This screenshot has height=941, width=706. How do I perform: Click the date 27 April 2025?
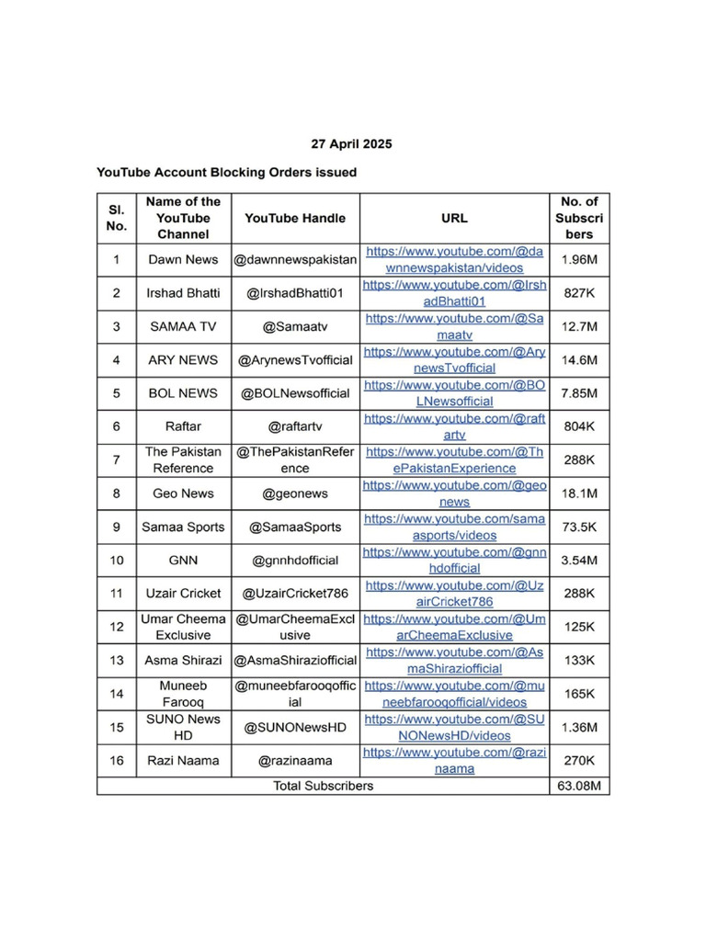(x=351, y=144)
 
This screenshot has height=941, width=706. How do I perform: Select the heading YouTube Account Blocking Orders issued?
(x=226, y=172)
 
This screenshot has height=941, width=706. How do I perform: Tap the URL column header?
(x=454, y=218)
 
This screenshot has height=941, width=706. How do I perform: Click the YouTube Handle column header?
(x=295, y=218)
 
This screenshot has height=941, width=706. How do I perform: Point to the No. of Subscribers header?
(x=579, y=218)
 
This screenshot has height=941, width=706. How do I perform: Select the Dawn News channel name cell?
(x=183, y=259)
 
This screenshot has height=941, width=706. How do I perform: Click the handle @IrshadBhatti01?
(x=295, y=293)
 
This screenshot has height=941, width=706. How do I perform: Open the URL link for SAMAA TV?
(x=454, y=326)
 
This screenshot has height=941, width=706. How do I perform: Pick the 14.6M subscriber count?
(x=579, y=359)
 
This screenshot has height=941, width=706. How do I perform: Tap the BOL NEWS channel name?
(x=183, y=392)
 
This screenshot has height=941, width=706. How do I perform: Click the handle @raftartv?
(x=295, y=426)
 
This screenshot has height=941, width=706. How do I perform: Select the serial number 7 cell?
(x=117, y=459)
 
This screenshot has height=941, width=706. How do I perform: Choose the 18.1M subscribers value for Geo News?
(x=579, y=493)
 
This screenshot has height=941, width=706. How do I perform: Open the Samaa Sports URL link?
(x=454, y=527)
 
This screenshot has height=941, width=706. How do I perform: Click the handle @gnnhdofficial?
(x=295, y=560)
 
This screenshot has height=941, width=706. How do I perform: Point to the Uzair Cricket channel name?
(x=183, y=593)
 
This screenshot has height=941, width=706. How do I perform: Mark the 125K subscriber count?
(x=579, y=627)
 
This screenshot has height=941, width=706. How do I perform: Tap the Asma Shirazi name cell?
(x=183, y=660)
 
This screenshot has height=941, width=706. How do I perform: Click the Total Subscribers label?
(x=324, y=786)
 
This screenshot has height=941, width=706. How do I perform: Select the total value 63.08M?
(x=579, y=786)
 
